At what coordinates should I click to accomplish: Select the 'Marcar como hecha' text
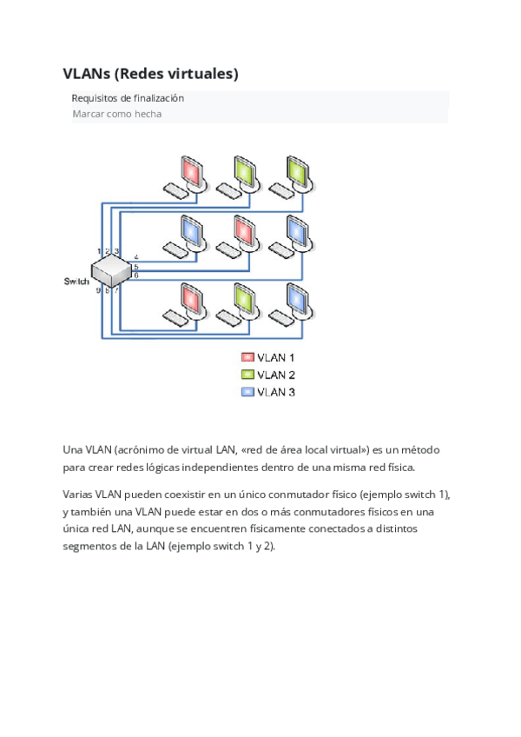coord(116,114)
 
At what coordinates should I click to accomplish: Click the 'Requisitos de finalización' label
coord(127,98)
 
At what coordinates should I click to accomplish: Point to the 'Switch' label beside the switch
coord(76,282)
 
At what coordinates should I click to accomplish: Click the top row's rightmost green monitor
coord(298,169)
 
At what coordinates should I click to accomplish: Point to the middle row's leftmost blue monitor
coord(192,229)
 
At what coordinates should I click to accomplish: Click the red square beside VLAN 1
coord(247,357)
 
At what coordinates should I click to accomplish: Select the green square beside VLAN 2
coord(247,375)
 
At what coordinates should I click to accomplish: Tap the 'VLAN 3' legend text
coord(276,392)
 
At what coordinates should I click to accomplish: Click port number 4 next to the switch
coord(136,257)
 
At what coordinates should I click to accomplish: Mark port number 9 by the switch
coord(98,290)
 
